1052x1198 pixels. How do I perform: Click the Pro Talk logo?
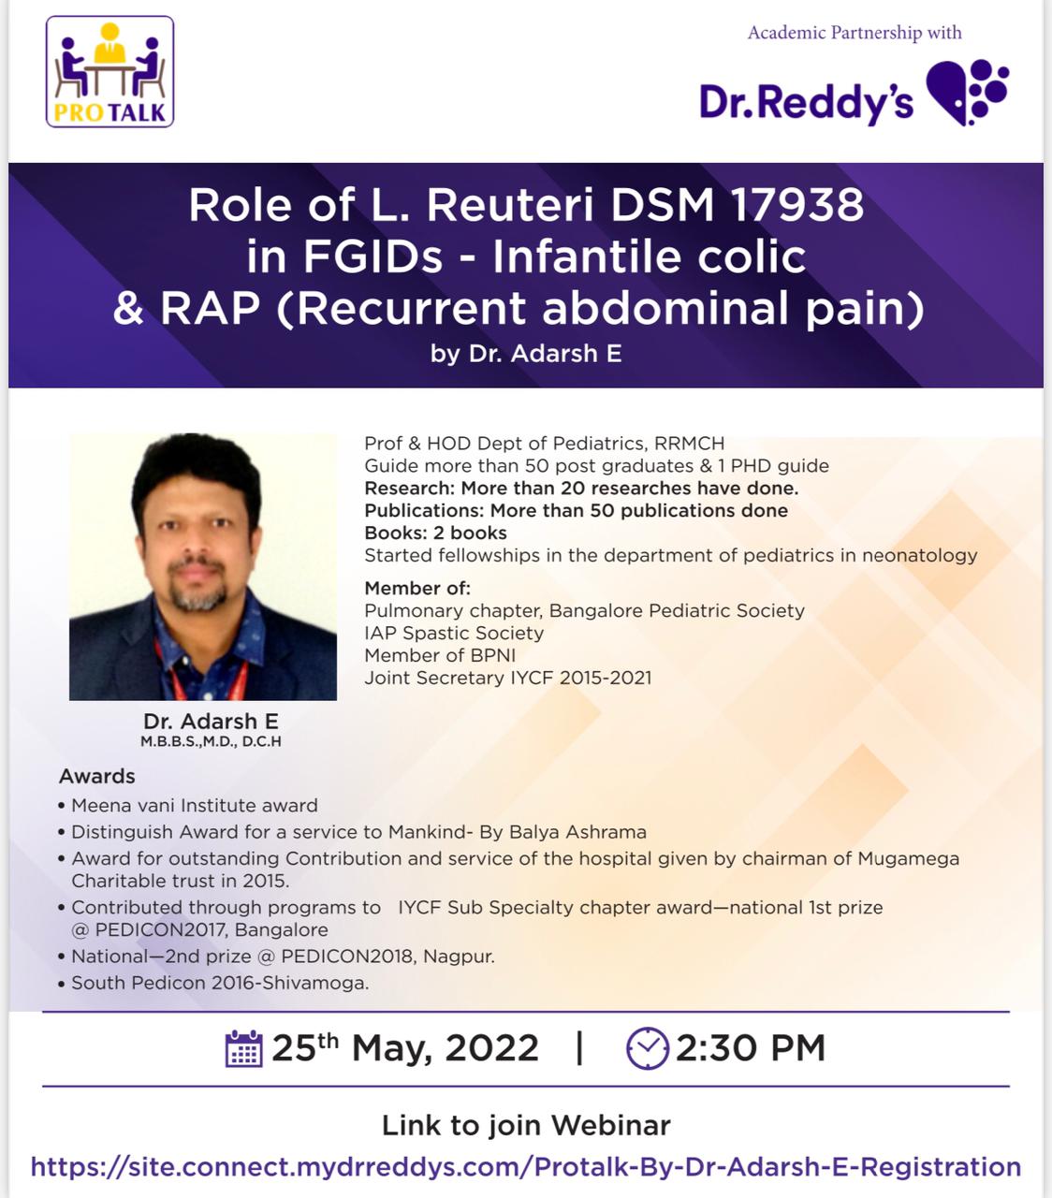click(110, 71)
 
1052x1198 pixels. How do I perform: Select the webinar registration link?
click(526, 1167)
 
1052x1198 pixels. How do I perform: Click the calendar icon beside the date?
click(243, 1048)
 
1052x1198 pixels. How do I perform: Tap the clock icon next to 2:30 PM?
click(648, 1048)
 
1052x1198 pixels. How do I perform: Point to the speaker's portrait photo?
click(203, 567)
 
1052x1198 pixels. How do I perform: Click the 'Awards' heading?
click(97, 776)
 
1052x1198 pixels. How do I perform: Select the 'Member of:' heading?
click(417, 588)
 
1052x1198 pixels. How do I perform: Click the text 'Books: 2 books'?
click(435, 533)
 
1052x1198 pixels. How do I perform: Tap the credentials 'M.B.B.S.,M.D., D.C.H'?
click(211, 741)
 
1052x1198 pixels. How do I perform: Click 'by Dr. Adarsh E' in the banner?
click(526, 354)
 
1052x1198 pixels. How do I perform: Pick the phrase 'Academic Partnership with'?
click(855, 32)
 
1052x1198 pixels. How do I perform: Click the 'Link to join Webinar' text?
click(526, 1125)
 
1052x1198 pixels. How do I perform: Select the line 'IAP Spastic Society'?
click(454, 633)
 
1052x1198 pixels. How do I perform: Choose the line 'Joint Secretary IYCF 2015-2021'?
click(507, 678)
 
